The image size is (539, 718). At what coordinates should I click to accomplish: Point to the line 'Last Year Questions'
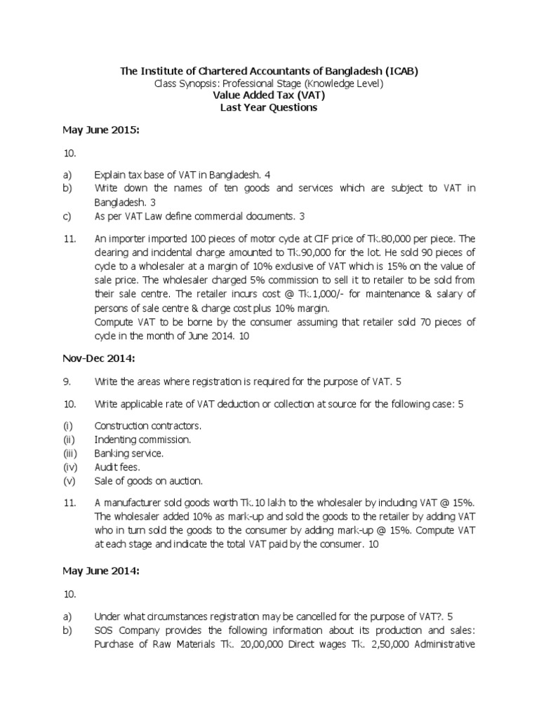269,108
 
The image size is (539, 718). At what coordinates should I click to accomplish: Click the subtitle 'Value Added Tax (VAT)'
269,95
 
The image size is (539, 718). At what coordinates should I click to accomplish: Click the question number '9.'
67,381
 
